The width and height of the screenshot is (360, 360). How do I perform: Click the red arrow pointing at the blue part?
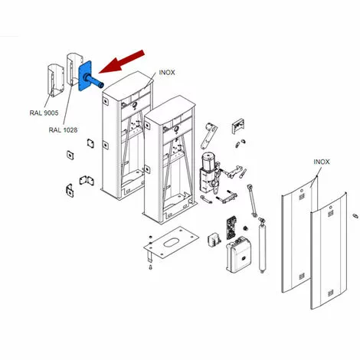pos(121,62)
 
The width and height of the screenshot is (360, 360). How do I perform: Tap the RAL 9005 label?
pos(44,113)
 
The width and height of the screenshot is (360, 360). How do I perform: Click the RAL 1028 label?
pos(63,130)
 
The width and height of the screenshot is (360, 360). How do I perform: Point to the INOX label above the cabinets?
pos(167,73)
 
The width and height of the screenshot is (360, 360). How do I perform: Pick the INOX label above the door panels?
pos(322,162)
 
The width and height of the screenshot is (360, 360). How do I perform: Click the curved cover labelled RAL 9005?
pos(55,80)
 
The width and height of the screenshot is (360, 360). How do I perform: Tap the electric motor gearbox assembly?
pos(210,172)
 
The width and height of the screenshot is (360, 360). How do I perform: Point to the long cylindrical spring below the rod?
pos(262,245)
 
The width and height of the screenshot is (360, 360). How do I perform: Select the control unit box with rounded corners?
pos(238,255)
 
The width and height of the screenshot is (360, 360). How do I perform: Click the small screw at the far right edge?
pos(355,216)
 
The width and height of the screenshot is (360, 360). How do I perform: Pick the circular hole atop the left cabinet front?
pos(135,105)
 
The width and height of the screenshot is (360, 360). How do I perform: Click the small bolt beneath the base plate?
pos(150,267)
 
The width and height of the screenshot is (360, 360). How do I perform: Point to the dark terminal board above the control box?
pos(231,227)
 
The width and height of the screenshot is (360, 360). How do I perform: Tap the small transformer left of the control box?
pos(214,241)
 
